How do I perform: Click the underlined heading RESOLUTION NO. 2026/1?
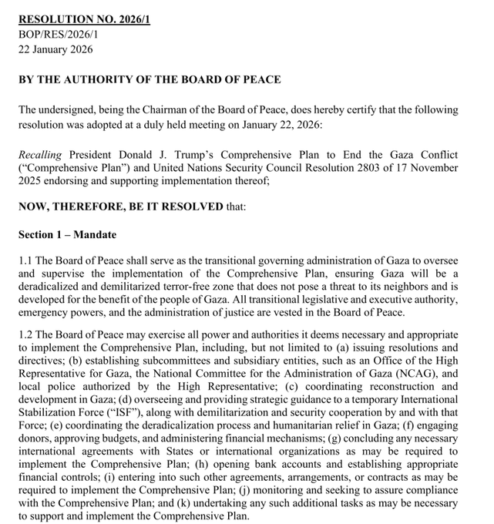point(84,18)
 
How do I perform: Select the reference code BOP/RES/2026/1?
point(59,34)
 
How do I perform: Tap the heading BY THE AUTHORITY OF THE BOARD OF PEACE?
point(150,79)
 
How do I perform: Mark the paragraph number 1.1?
point(26,260)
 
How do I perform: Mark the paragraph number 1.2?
point(26,335)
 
